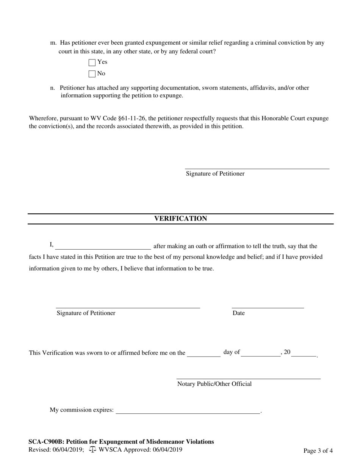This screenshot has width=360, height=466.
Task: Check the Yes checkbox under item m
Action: pos(92,62)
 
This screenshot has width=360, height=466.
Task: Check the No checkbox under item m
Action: pos(92,74)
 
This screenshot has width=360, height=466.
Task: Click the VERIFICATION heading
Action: pos(180,219)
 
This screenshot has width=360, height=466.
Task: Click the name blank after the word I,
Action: pos(103,247)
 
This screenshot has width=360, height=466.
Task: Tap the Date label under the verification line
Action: pos(238,313)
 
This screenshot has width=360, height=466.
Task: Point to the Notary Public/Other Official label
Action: pos(214,384)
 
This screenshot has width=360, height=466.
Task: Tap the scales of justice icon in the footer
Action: pos(93,450)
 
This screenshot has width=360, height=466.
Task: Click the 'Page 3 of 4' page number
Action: pos(318,451)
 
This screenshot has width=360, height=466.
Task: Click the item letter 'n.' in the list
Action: pos(53,88)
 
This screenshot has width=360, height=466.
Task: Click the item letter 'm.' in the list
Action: pos(53,43)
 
